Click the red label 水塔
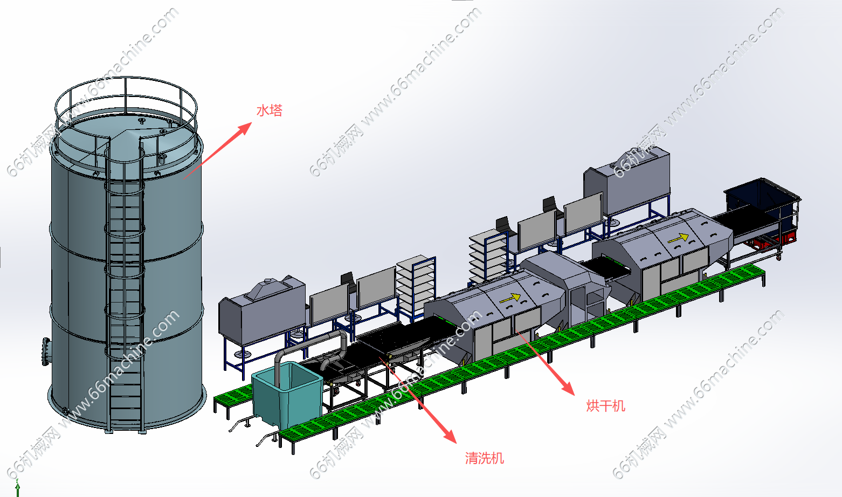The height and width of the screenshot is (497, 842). tap(269, 111)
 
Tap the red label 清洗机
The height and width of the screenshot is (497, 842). tap(484, 458)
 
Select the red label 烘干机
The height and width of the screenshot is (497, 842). tap(605, 406)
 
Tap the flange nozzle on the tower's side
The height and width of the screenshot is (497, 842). tap(46, 351)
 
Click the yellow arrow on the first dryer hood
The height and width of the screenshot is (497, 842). tap(510, 297)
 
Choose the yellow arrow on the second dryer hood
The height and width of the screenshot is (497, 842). tap(679, 237)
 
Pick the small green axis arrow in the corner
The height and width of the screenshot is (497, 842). tap(17, 488)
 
